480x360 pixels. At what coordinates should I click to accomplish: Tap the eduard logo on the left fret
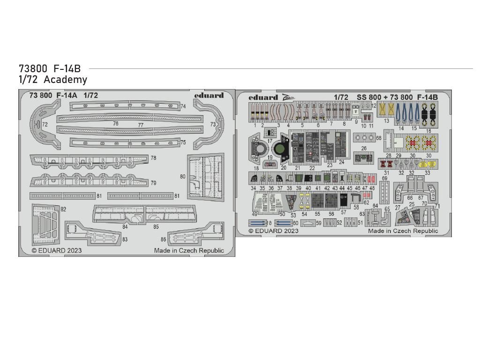[209, 95]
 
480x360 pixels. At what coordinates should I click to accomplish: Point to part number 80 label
[182, 176]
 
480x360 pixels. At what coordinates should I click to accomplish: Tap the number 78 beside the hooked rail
[153, 158]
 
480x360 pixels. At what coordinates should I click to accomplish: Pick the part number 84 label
[125, 227]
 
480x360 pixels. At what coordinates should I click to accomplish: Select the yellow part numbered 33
[427, 164]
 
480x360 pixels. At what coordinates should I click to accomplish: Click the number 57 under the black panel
[344, 212]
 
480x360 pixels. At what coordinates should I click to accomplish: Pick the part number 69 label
[384, 179]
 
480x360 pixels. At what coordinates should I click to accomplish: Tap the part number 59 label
[319, 224]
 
